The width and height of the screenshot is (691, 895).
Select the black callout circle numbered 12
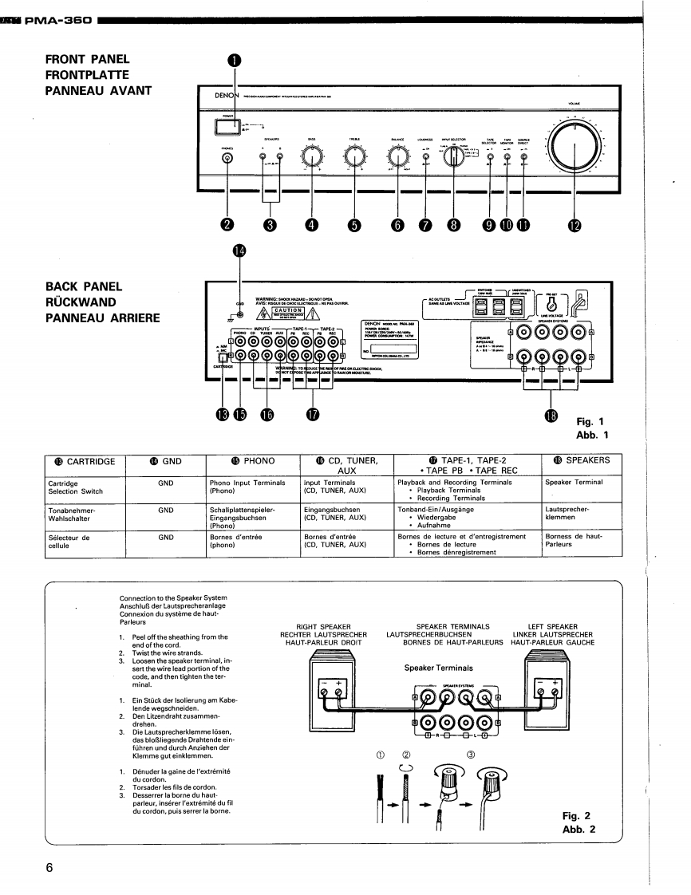[575, 225]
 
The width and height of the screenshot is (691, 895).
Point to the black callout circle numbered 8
[454, 225]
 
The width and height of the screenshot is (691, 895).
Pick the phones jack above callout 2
[228, 157]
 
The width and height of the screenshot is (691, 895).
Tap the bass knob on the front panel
[311, 156]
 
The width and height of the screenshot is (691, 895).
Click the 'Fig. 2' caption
[576, 816]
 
